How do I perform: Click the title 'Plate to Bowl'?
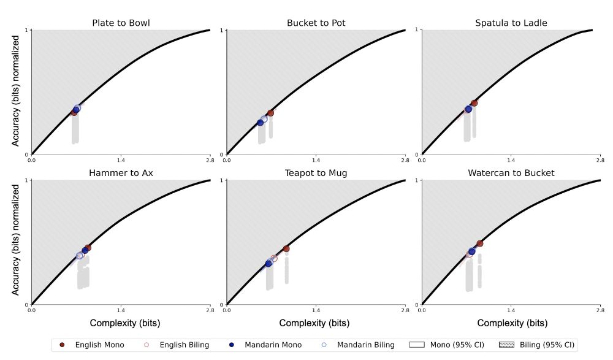coord(121,23)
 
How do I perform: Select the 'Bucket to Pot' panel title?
coord(316,23)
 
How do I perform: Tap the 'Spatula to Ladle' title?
coord(511,23)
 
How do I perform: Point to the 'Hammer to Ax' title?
coord(121,173)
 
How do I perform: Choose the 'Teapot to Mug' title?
coord(316,173)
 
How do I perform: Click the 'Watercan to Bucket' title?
coord(511,173)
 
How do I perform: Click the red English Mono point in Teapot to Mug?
coord(286,248)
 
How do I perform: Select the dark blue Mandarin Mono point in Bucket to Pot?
coord(261,123)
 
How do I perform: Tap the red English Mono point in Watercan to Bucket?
coord(480,243)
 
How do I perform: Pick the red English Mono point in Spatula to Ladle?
coord(474,103)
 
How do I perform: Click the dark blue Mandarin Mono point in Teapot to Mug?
coord(268,264)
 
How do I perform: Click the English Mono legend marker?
coord(62,345)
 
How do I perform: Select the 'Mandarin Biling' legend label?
coord(367,345)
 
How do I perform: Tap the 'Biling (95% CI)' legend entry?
coord(540,345)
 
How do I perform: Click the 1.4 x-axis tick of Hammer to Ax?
coord(121,311)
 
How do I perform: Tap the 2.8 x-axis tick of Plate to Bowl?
coord(210,161)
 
